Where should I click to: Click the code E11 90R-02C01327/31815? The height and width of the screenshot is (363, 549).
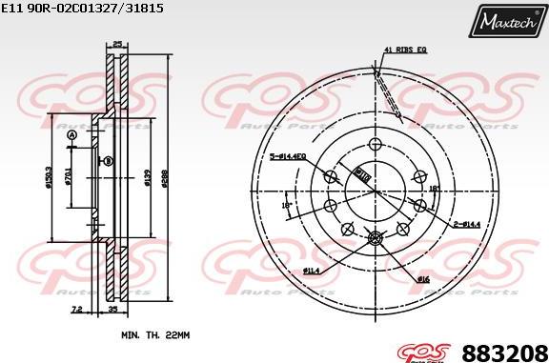(x=71, y=9)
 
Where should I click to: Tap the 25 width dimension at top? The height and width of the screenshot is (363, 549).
(x=116, y=44)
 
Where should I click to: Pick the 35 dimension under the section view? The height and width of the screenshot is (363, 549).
(x=112, y=311)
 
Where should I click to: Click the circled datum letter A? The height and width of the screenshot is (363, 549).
(x=71, y=136)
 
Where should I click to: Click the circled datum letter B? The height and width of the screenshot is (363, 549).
(x=109, y=162)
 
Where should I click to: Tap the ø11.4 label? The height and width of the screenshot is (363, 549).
(x=311, y=272)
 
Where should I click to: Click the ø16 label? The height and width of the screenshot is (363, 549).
(x=422, y=277)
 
